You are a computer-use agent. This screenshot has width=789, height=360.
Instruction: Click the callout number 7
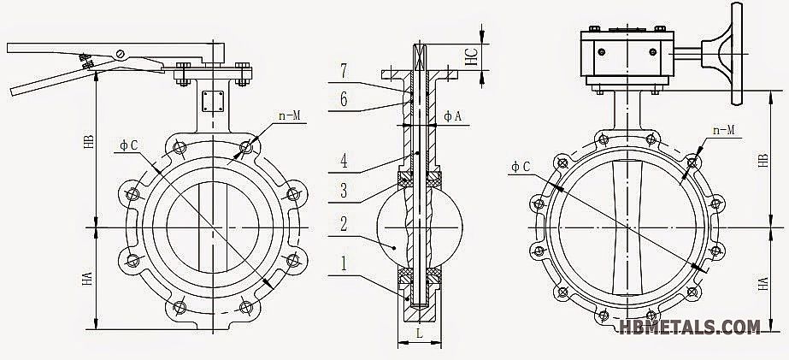(x=343, y=68)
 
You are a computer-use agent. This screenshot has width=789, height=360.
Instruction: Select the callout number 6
(x=343, y=99)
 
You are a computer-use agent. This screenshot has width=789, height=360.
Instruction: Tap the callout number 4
(x=343, y=160)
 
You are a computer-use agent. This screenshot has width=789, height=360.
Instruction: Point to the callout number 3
(x=343, y=190)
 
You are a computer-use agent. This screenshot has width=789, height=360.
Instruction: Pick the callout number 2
(x=343, y=225)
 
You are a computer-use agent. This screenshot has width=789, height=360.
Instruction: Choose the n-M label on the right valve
(x=726, y=130)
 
